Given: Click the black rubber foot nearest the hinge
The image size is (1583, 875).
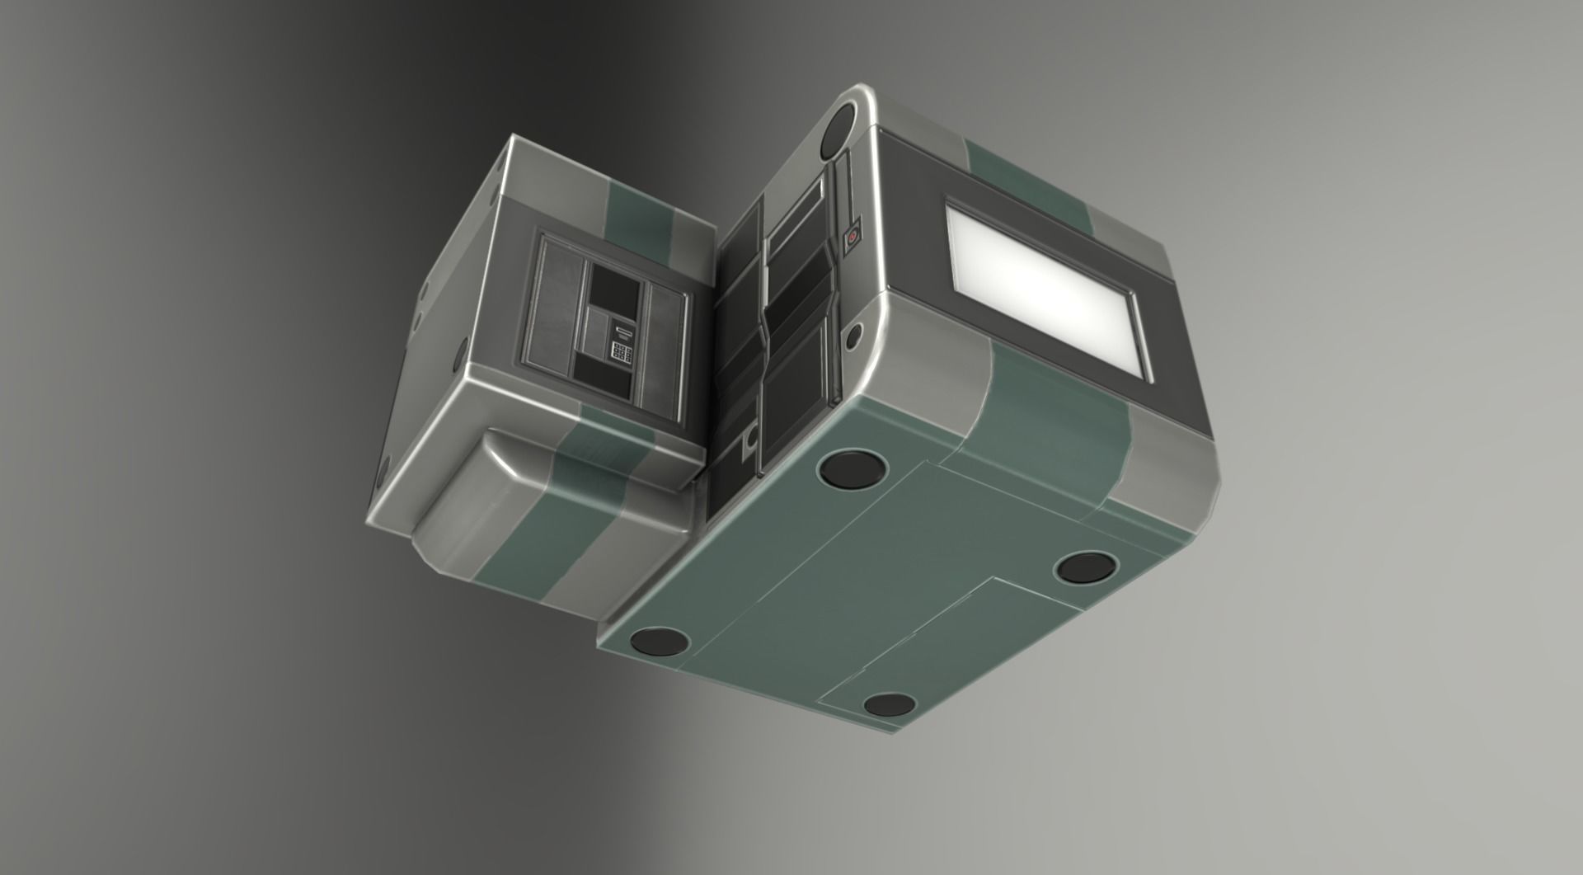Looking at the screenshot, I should click(853, 469).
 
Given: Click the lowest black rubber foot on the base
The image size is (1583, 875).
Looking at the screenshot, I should click(889, 705).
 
